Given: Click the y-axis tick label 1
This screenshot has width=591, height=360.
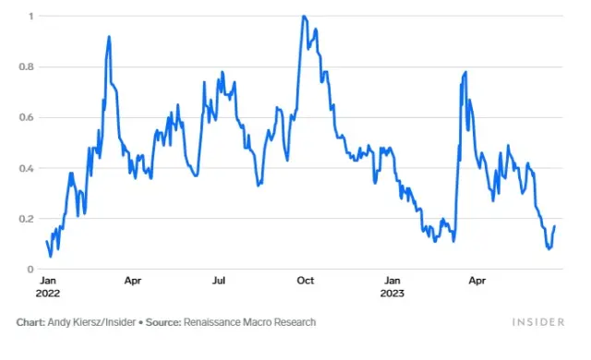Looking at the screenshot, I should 31,17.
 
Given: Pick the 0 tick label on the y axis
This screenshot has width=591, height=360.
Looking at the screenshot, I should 31,270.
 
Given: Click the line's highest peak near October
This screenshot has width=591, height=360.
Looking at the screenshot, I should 304,17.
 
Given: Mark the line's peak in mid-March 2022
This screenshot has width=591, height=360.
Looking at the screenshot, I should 109,37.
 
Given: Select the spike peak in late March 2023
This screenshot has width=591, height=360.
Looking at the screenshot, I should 464,72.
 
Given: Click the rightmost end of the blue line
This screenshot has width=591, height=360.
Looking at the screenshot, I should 554,226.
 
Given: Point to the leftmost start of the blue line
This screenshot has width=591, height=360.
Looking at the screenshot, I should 46,242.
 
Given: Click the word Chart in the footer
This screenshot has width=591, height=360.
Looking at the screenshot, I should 30,322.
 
